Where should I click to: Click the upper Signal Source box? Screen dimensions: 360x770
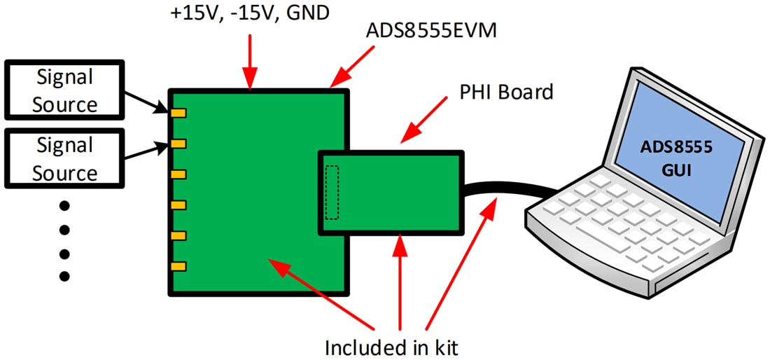click(64, 90)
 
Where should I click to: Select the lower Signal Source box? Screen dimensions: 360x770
click(64, 158)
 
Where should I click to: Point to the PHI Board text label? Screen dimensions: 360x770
click(505, 91)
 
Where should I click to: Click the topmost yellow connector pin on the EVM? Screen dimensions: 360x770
click(178, 113)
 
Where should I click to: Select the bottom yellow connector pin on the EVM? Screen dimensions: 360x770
click(178, 266)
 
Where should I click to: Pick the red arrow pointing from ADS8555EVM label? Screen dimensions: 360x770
click(350, 67)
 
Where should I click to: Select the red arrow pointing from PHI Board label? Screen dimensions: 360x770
click(426, 118)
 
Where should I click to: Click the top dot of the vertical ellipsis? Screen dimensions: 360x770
click(64, 206)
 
